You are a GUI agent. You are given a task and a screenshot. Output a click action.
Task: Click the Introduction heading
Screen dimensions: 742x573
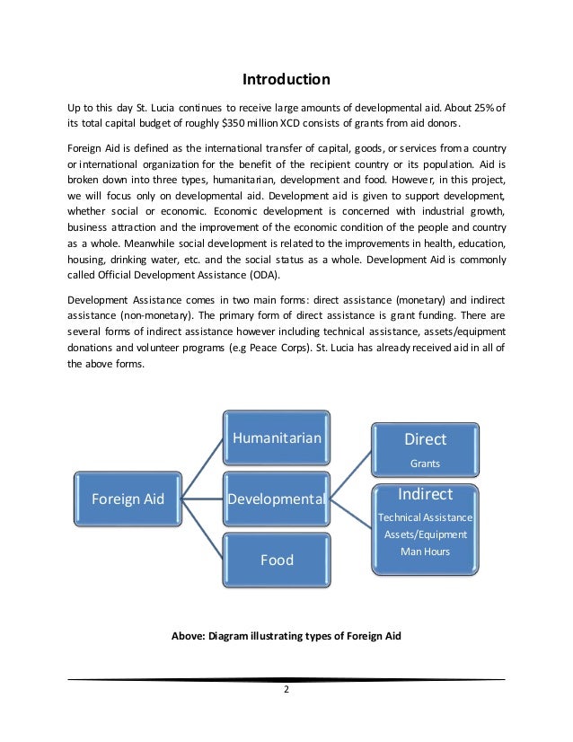286,78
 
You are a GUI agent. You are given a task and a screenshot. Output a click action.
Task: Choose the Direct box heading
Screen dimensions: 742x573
425,439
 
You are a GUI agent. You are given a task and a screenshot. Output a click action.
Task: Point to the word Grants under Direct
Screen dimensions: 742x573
425,464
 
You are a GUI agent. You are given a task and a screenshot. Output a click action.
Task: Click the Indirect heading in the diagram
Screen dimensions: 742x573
425,494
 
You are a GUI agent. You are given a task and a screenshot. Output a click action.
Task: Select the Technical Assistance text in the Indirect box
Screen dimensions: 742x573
425,517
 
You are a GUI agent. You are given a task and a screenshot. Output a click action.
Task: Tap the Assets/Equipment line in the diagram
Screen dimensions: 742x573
425,534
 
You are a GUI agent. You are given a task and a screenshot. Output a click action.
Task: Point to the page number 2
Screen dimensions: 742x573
286,691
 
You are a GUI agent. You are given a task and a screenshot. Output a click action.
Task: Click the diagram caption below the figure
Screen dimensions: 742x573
286,636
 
